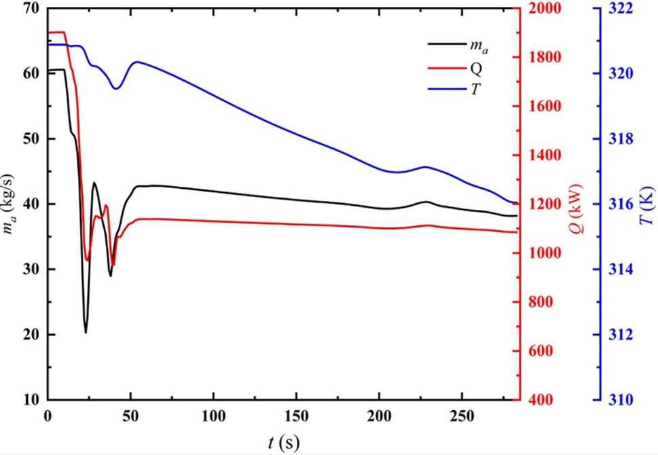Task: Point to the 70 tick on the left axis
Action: pos(31,8)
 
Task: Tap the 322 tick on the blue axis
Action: pos(619,8)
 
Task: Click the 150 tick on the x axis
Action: pos(296,414)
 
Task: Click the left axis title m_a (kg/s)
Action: pos(10,204)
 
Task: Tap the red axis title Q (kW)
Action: pos(578,204)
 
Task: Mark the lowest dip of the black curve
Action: pos(86,333)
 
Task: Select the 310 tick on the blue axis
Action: pos(619,400)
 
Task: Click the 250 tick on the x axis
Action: pos(462,414)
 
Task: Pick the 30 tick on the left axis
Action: pos(31,270)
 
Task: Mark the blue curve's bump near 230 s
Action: pos(426,166)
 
